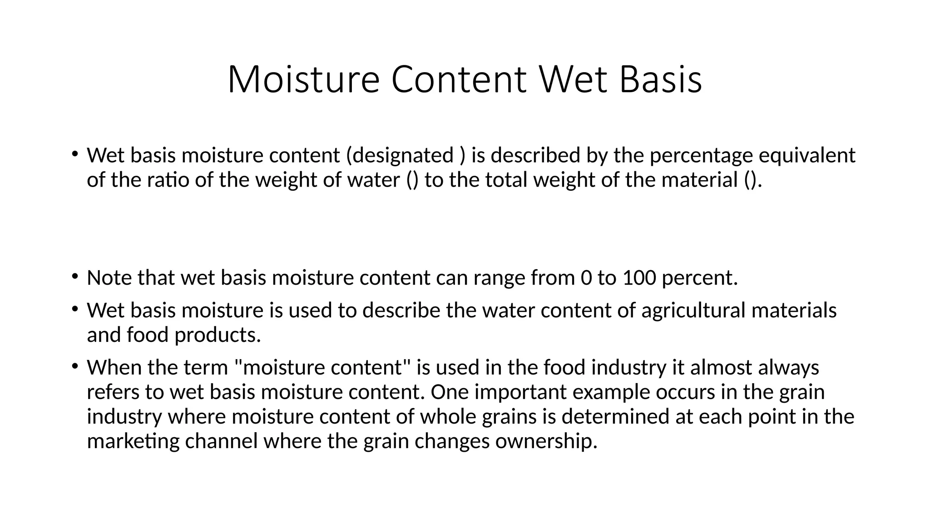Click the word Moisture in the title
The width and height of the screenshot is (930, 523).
(x=303, y=80)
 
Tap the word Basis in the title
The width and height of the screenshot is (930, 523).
(x=660, y=80)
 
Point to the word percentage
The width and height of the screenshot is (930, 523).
(x=701, y=156)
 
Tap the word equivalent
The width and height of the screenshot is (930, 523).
(x=807, y=156)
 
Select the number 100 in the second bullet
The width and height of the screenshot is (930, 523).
(x=639, y=278)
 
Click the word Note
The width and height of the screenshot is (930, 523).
(x=109, y=278)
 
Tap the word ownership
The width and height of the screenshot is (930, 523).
(x=546, y=441)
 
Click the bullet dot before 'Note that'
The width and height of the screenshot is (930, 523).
(x=74, y=276)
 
